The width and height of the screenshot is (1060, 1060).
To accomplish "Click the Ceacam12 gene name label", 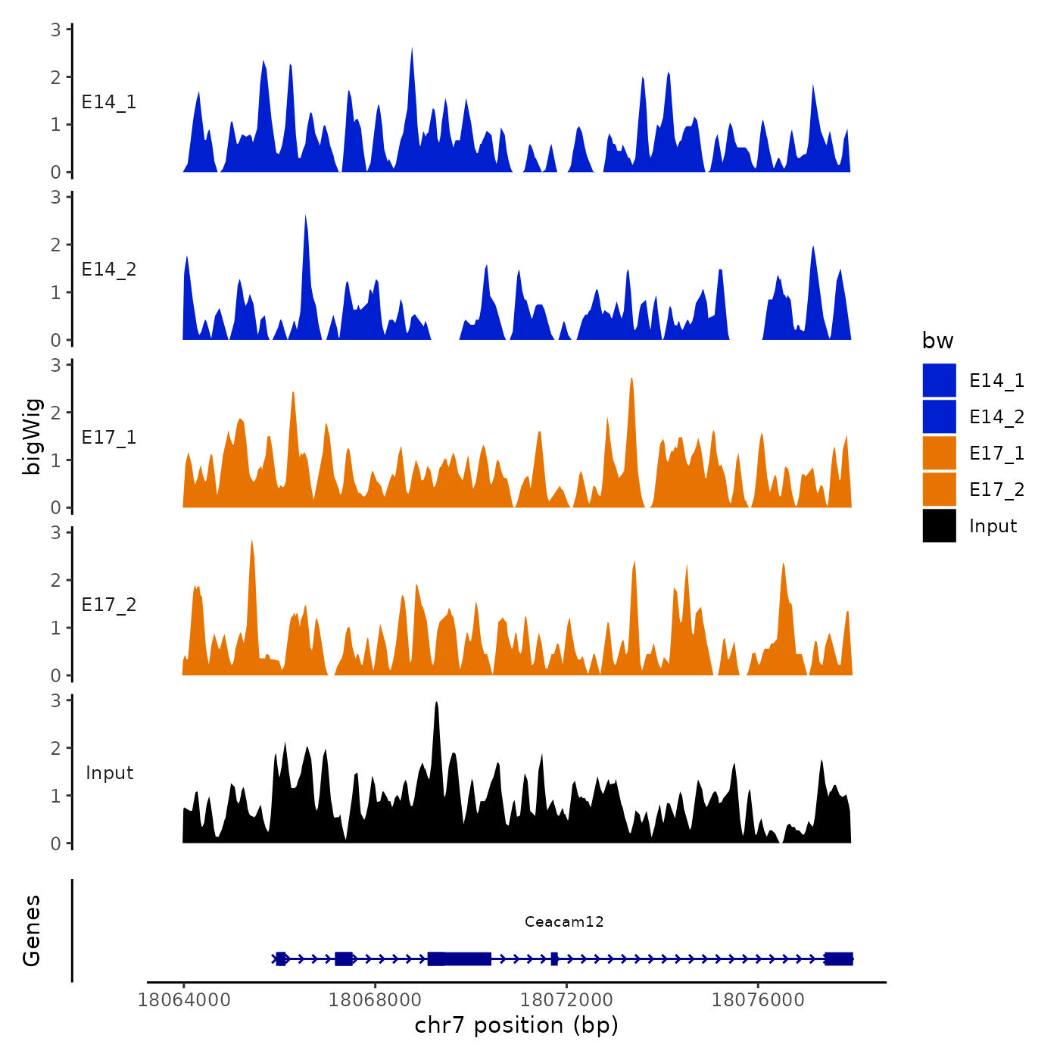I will coord(564,921).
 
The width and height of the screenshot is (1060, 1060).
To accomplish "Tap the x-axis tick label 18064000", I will coord(183,1000).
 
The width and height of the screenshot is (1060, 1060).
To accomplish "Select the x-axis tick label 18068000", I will coord(375,1000).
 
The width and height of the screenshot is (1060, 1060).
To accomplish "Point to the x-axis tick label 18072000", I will coord(566,1000).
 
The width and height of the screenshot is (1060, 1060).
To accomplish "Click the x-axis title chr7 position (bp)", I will coord(516,1025).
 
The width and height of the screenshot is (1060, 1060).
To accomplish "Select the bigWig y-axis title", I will coord(32,436).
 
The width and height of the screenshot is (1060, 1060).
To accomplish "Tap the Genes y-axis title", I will coord(32,931).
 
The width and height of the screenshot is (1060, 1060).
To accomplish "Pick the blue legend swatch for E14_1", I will coord(939,380).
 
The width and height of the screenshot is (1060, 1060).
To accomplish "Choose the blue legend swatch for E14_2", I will coord(939,416).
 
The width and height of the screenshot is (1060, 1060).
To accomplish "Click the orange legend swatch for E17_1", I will coord(939,453).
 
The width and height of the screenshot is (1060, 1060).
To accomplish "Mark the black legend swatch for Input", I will coord(939,525).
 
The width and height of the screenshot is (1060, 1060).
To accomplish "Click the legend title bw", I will coord(937,341).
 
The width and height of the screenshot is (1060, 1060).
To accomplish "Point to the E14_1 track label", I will coord(109,102).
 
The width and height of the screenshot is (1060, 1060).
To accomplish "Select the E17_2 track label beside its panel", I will coord(109,605).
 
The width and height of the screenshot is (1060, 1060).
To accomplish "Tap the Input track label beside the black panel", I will coord(109,773).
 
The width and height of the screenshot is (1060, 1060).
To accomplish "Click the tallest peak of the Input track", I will coord(436,704).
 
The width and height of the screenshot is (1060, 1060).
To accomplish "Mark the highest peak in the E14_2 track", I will coord(305,218).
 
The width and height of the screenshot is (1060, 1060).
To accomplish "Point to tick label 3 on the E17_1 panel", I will coord(56,365).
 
